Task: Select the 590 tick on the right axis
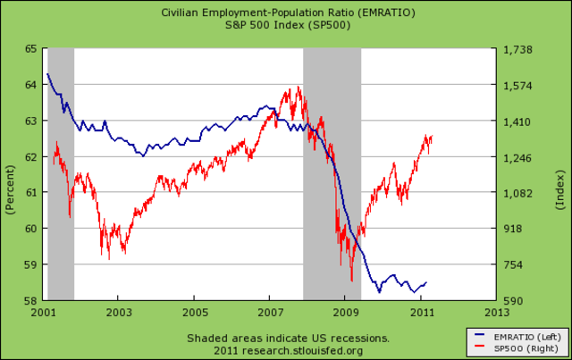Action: click(x=517, y=300)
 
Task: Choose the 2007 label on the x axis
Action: click(x=272, y=313)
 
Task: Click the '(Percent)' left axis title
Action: click(x=11, y=175)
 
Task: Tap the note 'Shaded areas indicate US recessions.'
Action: click(x=288, y=338)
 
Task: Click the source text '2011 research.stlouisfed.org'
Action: click(x=288, y=349)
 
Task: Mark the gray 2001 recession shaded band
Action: click(x=61, y=174)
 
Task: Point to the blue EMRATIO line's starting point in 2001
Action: click(x=47, y=74)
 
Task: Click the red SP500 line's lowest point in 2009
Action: click(x=352, y=280)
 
